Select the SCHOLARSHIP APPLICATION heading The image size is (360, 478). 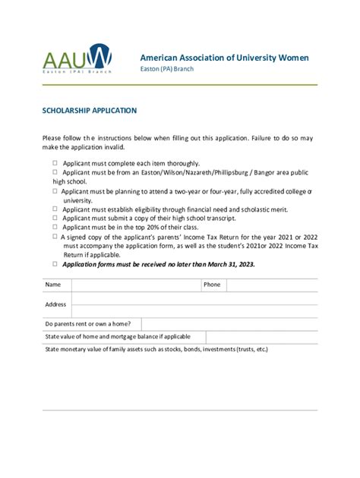(x=90, y=111)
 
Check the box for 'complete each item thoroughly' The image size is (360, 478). (x=55, y=163)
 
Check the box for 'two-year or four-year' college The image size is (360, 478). (x=55, y=191)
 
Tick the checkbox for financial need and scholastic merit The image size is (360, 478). (x=55, y=209)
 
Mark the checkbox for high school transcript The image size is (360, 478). (x=55, y=218)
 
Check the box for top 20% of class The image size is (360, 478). (x=55, y=227)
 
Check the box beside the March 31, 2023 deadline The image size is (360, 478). (x=55, y=264)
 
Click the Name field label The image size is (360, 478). (x=52, y=285)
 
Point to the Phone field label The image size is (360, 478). (x=212, y=285)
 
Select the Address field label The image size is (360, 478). (x=55, y=304)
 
